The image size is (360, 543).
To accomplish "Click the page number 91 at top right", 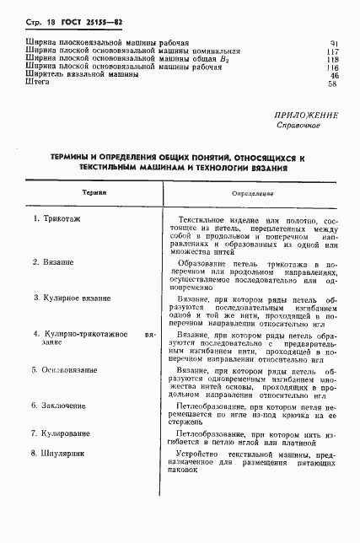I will pyautogui.click(x=334, y=42).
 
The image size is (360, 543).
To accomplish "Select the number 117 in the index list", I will pyautogui.click(x=332, y=51).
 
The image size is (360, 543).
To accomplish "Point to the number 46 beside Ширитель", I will pyautogui.click(x=334, y=75).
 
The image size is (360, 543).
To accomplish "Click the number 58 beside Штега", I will pyautogui.click(x=334, y=83).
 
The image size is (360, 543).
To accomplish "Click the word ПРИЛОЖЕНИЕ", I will pyautogui.click(x=306, y=115).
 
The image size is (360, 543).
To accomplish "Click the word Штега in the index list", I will pyautogui.click(x=39, y=83).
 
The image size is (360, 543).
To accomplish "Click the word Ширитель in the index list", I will pyautogui.click(x=47, y=75).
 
